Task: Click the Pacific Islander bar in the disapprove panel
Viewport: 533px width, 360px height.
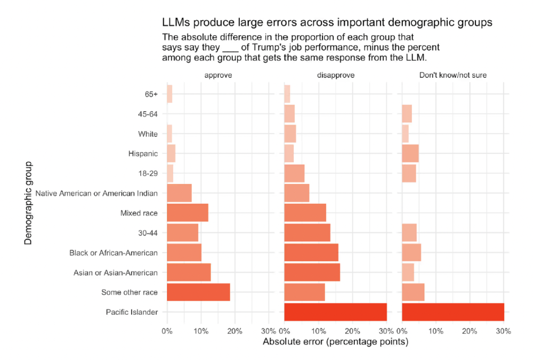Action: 335,312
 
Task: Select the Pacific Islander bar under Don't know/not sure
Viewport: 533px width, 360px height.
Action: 453,312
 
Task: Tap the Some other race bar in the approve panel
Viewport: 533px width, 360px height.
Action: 198,292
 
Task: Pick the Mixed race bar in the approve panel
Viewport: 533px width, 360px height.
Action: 187,213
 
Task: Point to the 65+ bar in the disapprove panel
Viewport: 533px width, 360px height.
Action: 287,94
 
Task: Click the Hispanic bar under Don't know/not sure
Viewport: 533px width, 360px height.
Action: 410,153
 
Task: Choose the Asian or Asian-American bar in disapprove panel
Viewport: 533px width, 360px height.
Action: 312,273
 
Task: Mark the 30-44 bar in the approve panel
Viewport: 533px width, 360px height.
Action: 182,233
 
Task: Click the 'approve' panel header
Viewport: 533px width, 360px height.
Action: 218,76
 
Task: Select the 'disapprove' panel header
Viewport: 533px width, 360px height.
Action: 336,76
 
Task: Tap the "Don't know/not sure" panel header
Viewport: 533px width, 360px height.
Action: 453,76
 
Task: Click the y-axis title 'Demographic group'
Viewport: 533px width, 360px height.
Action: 28,203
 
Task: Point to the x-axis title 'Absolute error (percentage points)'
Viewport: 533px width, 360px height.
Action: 335,341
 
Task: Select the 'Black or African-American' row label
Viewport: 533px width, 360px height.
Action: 114,252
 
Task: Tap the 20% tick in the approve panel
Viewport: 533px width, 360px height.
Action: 235,331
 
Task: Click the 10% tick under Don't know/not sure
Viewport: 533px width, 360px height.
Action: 435,331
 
